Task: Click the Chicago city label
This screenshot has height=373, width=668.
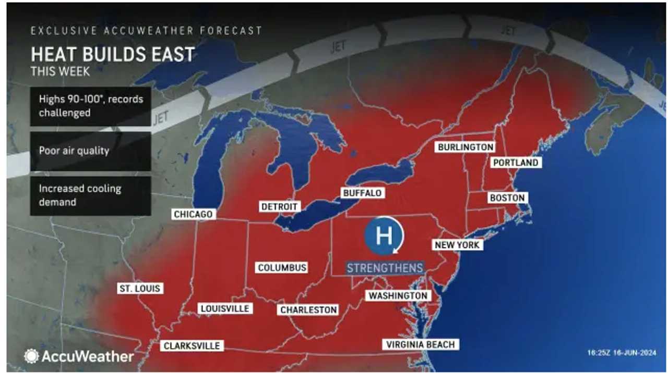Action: point(193,214)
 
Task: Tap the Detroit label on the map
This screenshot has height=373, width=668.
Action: point(279,207)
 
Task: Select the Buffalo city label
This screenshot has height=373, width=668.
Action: point(362,193)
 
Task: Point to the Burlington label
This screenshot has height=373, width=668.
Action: point(466,147)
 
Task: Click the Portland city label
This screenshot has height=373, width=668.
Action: point(516,163)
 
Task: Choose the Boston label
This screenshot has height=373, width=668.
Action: point(507,198)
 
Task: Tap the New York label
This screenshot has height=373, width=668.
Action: point(457,245)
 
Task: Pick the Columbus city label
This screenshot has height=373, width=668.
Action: point(282,268)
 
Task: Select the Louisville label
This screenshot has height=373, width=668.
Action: point(225,308)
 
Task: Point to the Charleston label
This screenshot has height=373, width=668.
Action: point(308,310)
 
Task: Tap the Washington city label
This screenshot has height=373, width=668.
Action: point(398,295)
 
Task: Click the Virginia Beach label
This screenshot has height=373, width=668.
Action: point(421,344)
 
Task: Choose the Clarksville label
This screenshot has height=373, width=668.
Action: point(192,345)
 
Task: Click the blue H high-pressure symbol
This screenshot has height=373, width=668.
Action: point(384,235)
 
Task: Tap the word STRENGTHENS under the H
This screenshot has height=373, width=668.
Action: point(385,268)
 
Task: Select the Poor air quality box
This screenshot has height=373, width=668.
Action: point(90,151)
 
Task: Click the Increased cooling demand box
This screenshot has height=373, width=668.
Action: point(90,195)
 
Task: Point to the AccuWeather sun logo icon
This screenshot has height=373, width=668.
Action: point(31,356)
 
